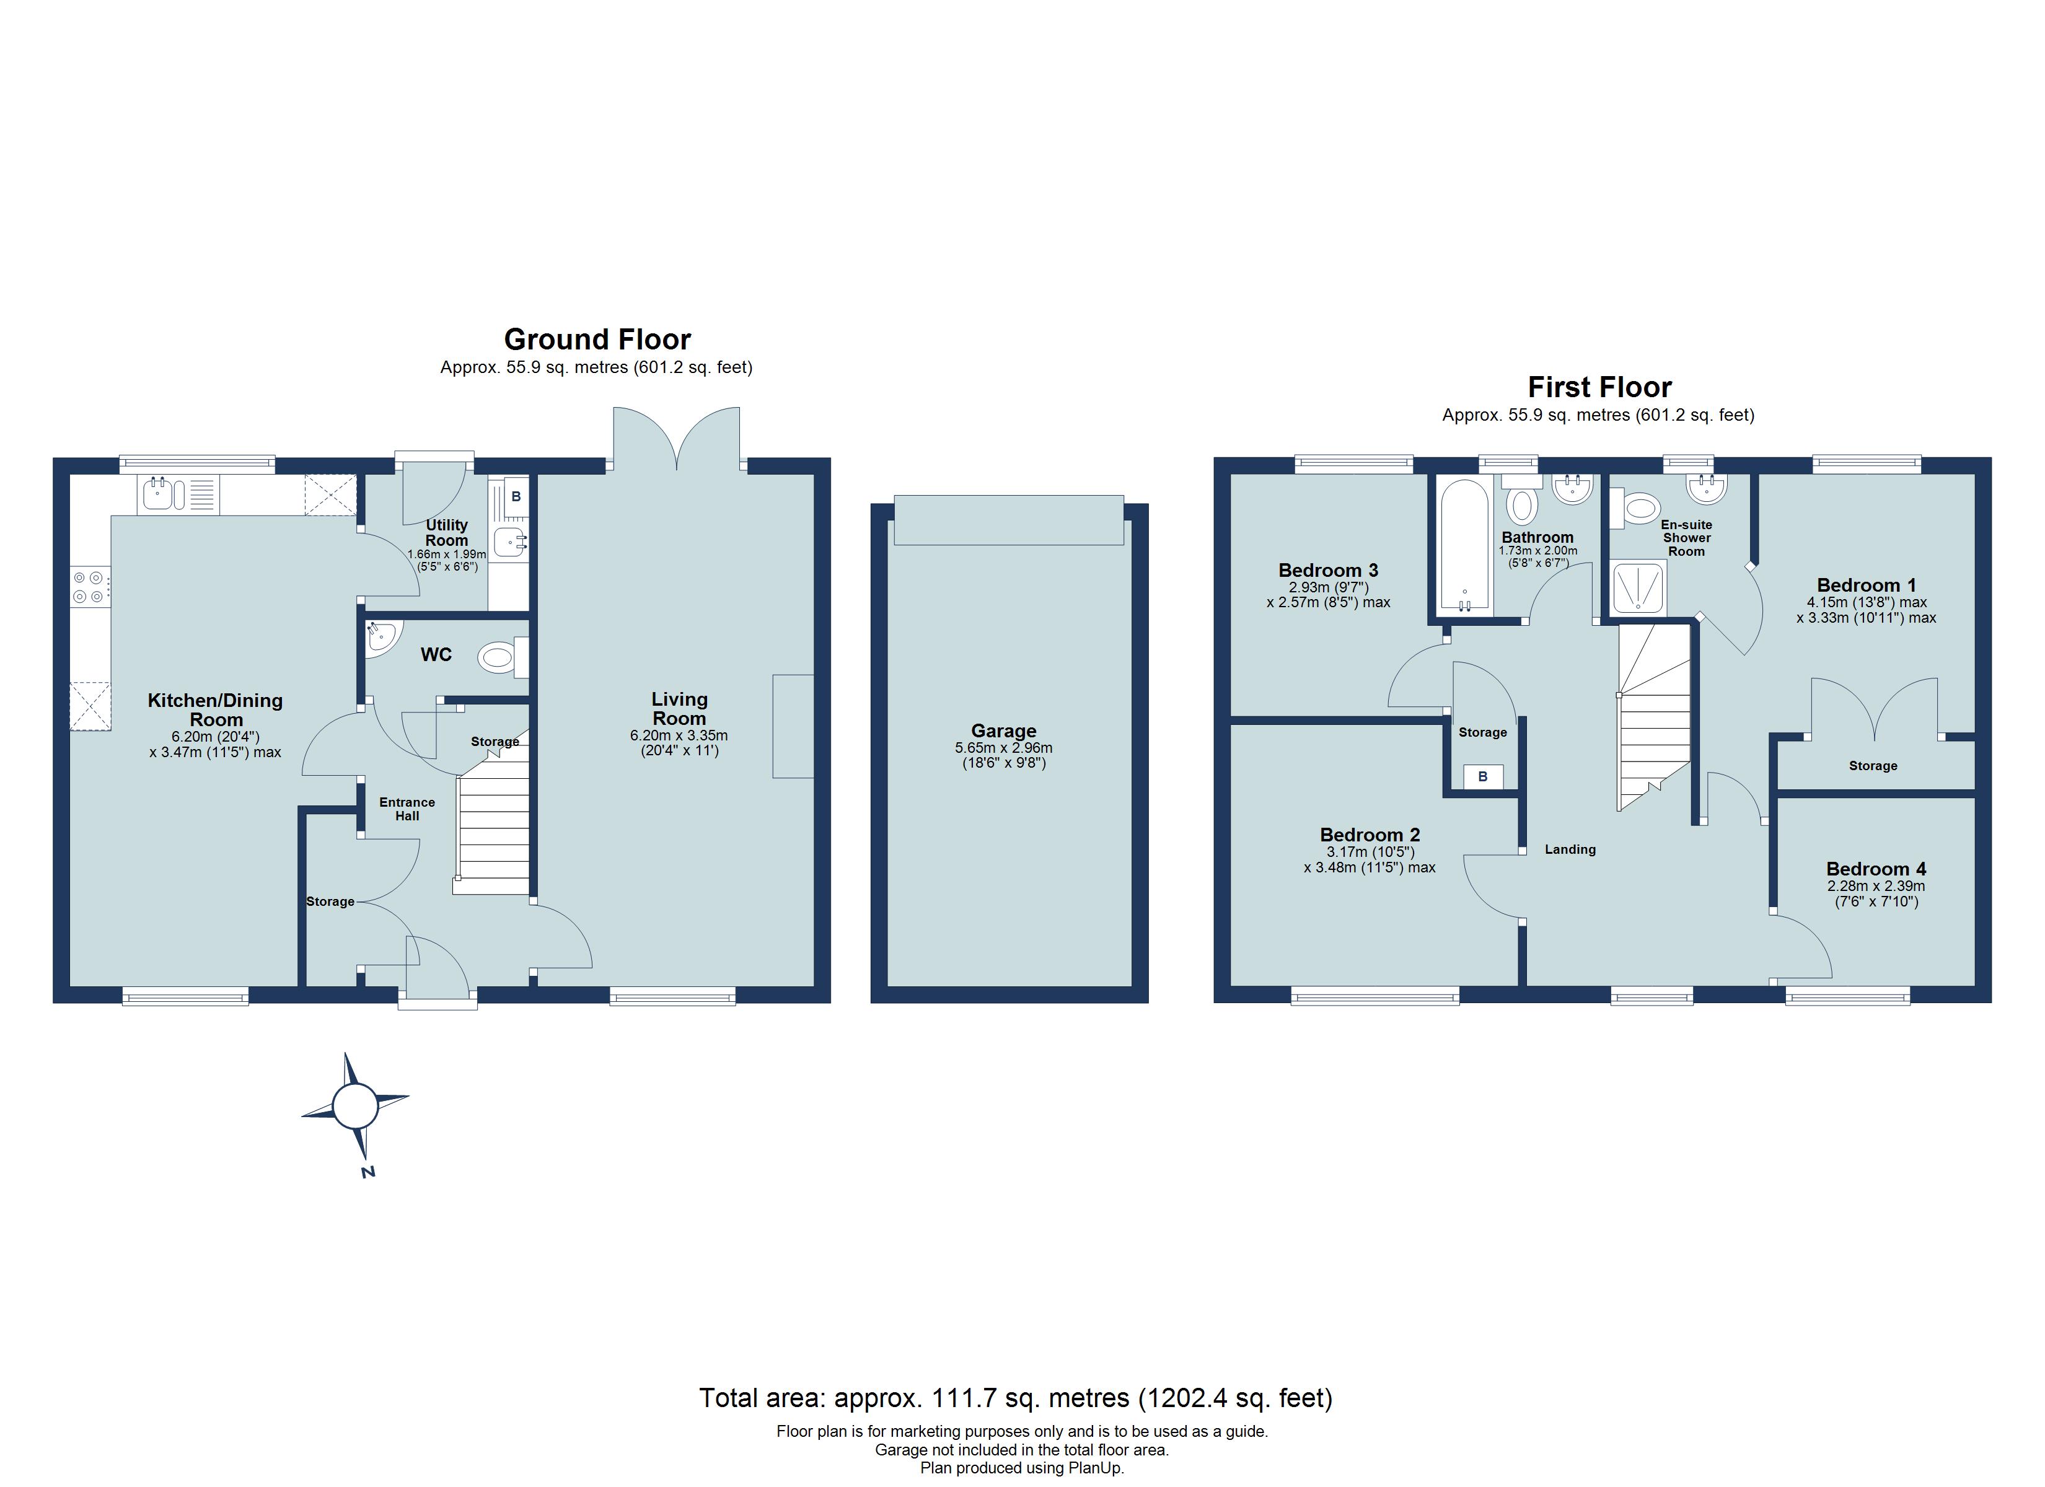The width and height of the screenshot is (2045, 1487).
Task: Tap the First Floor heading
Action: click(x=1599, y=387)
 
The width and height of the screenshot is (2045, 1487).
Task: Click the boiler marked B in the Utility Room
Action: click(x=516, y=496)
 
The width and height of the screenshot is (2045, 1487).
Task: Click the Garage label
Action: click(x=1003, y=730)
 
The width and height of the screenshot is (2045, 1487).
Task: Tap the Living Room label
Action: click(x=679, y=709)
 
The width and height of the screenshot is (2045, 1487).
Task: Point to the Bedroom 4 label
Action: click(x=1875, y=869)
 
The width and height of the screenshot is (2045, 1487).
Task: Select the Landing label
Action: click(x=1570, y=849)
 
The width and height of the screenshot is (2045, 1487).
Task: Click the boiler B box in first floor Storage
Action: click(x=1482, y=776)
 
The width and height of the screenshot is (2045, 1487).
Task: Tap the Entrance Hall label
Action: click(x=407, y=808)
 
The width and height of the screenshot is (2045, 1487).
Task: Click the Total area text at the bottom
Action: click(x=1015, y=1398)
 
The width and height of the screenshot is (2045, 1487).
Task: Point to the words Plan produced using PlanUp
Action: click(x=1022, y=1467)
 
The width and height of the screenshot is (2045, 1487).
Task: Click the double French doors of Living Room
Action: click(x=676, y=439)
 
